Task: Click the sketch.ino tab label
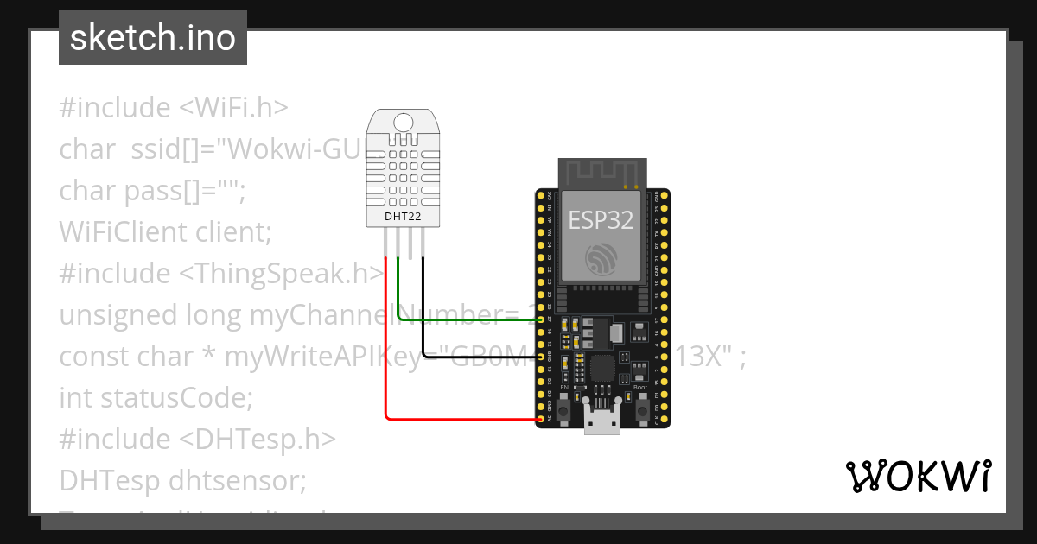click(x=153, y=38)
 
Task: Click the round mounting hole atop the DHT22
click(x=404, y=122)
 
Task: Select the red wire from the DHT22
click(x=385, y=345)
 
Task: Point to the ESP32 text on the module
click(x=601, y=219)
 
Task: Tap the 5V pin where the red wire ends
click(x=543, y=420)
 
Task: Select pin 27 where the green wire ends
click(x=543, y=319)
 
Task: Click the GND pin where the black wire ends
click(x=543, y=356)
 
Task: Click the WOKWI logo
click(x=918, y=476)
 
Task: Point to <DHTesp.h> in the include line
click(x=258, y=439)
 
